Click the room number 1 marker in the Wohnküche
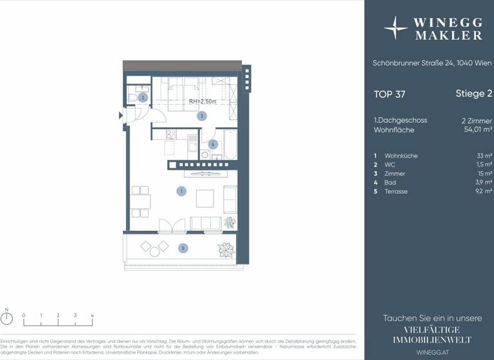point(182,191)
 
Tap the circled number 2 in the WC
point(143,98)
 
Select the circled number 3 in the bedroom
point(201,116)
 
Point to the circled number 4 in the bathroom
point(213,144)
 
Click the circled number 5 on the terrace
point(183,248)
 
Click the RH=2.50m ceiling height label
point(203,102)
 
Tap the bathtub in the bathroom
point(230,145)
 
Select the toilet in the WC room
point(133,97)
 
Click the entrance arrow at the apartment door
point(121,116)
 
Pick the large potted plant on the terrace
point(226,249)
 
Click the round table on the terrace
point(155,246)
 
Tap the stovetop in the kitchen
point(171,134)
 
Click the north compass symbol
point(7,323)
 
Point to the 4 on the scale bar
point(92,316)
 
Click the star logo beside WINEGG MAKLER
point(396,28)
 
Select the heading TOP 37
point(390,94)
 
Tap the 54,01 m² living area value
point(478,130)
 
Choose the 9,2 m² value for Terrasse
point(482,192)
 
